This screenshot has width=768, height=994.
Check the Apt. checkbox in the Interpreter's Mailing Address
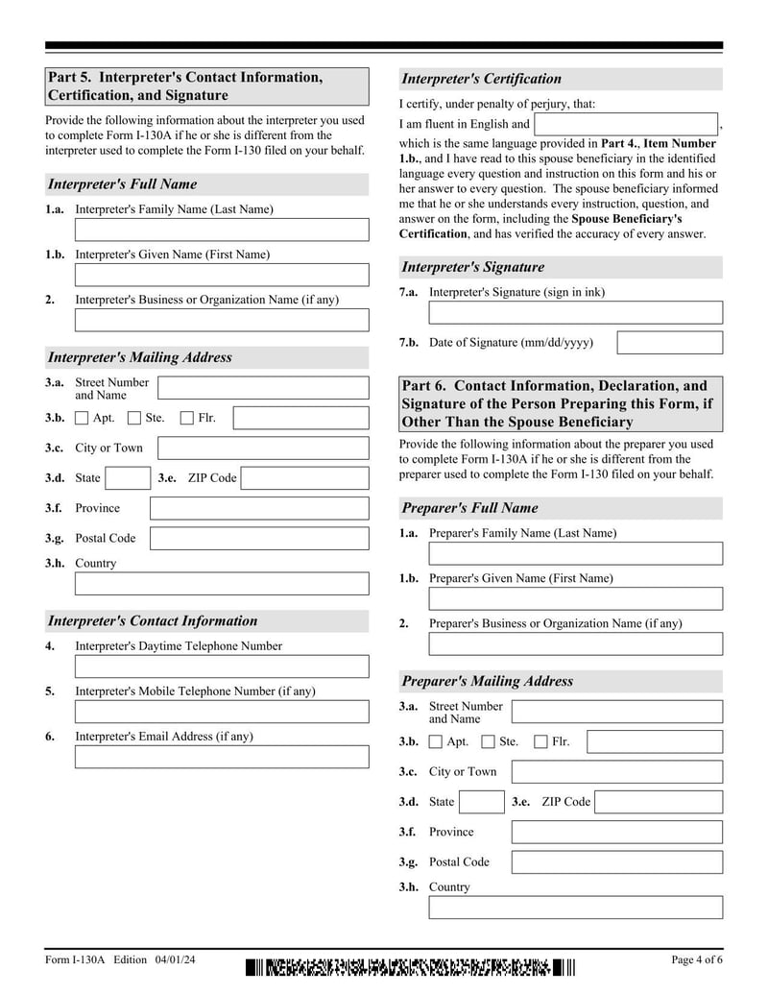(82, 418)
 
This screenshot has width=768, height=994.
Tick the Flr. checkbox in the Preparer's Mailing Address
(540, 741)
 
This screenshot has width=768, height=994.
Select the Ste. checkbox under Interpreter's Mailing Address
(134, 418)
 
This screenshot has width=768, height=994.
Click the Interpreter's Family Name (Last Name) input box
(222, 230)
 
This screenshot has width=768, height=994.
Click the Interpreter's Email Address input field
(222, 757)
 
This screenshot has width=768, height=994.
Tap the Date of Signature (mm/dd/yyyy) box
(669, 343)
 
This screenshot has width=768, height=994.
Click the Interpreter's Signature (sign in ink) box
(575, 313)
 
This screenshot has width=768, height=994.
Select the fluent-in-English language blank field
(626, 124)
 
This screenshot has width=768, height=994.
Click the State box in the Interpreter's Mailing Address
(128, 478)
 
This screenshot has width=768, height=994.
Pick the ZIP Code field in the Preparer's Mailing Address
(659, 802)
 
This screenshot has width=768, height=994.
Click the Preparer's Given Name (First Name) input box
(575, 599)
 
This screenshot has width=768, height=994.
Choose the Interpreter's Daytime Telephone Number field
(222, 667)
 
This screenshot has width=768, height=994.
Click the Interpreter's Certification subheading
(481, 79)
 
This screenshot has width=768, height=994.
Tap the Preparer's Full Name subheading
(469, 508)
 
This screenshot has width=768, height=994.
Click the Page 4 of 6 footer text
(696, 960)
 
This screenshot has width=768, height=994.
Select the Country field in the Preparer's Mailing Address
(575, 908)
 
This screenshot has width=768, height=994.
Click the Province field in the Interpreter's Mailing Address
(259, 508)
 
